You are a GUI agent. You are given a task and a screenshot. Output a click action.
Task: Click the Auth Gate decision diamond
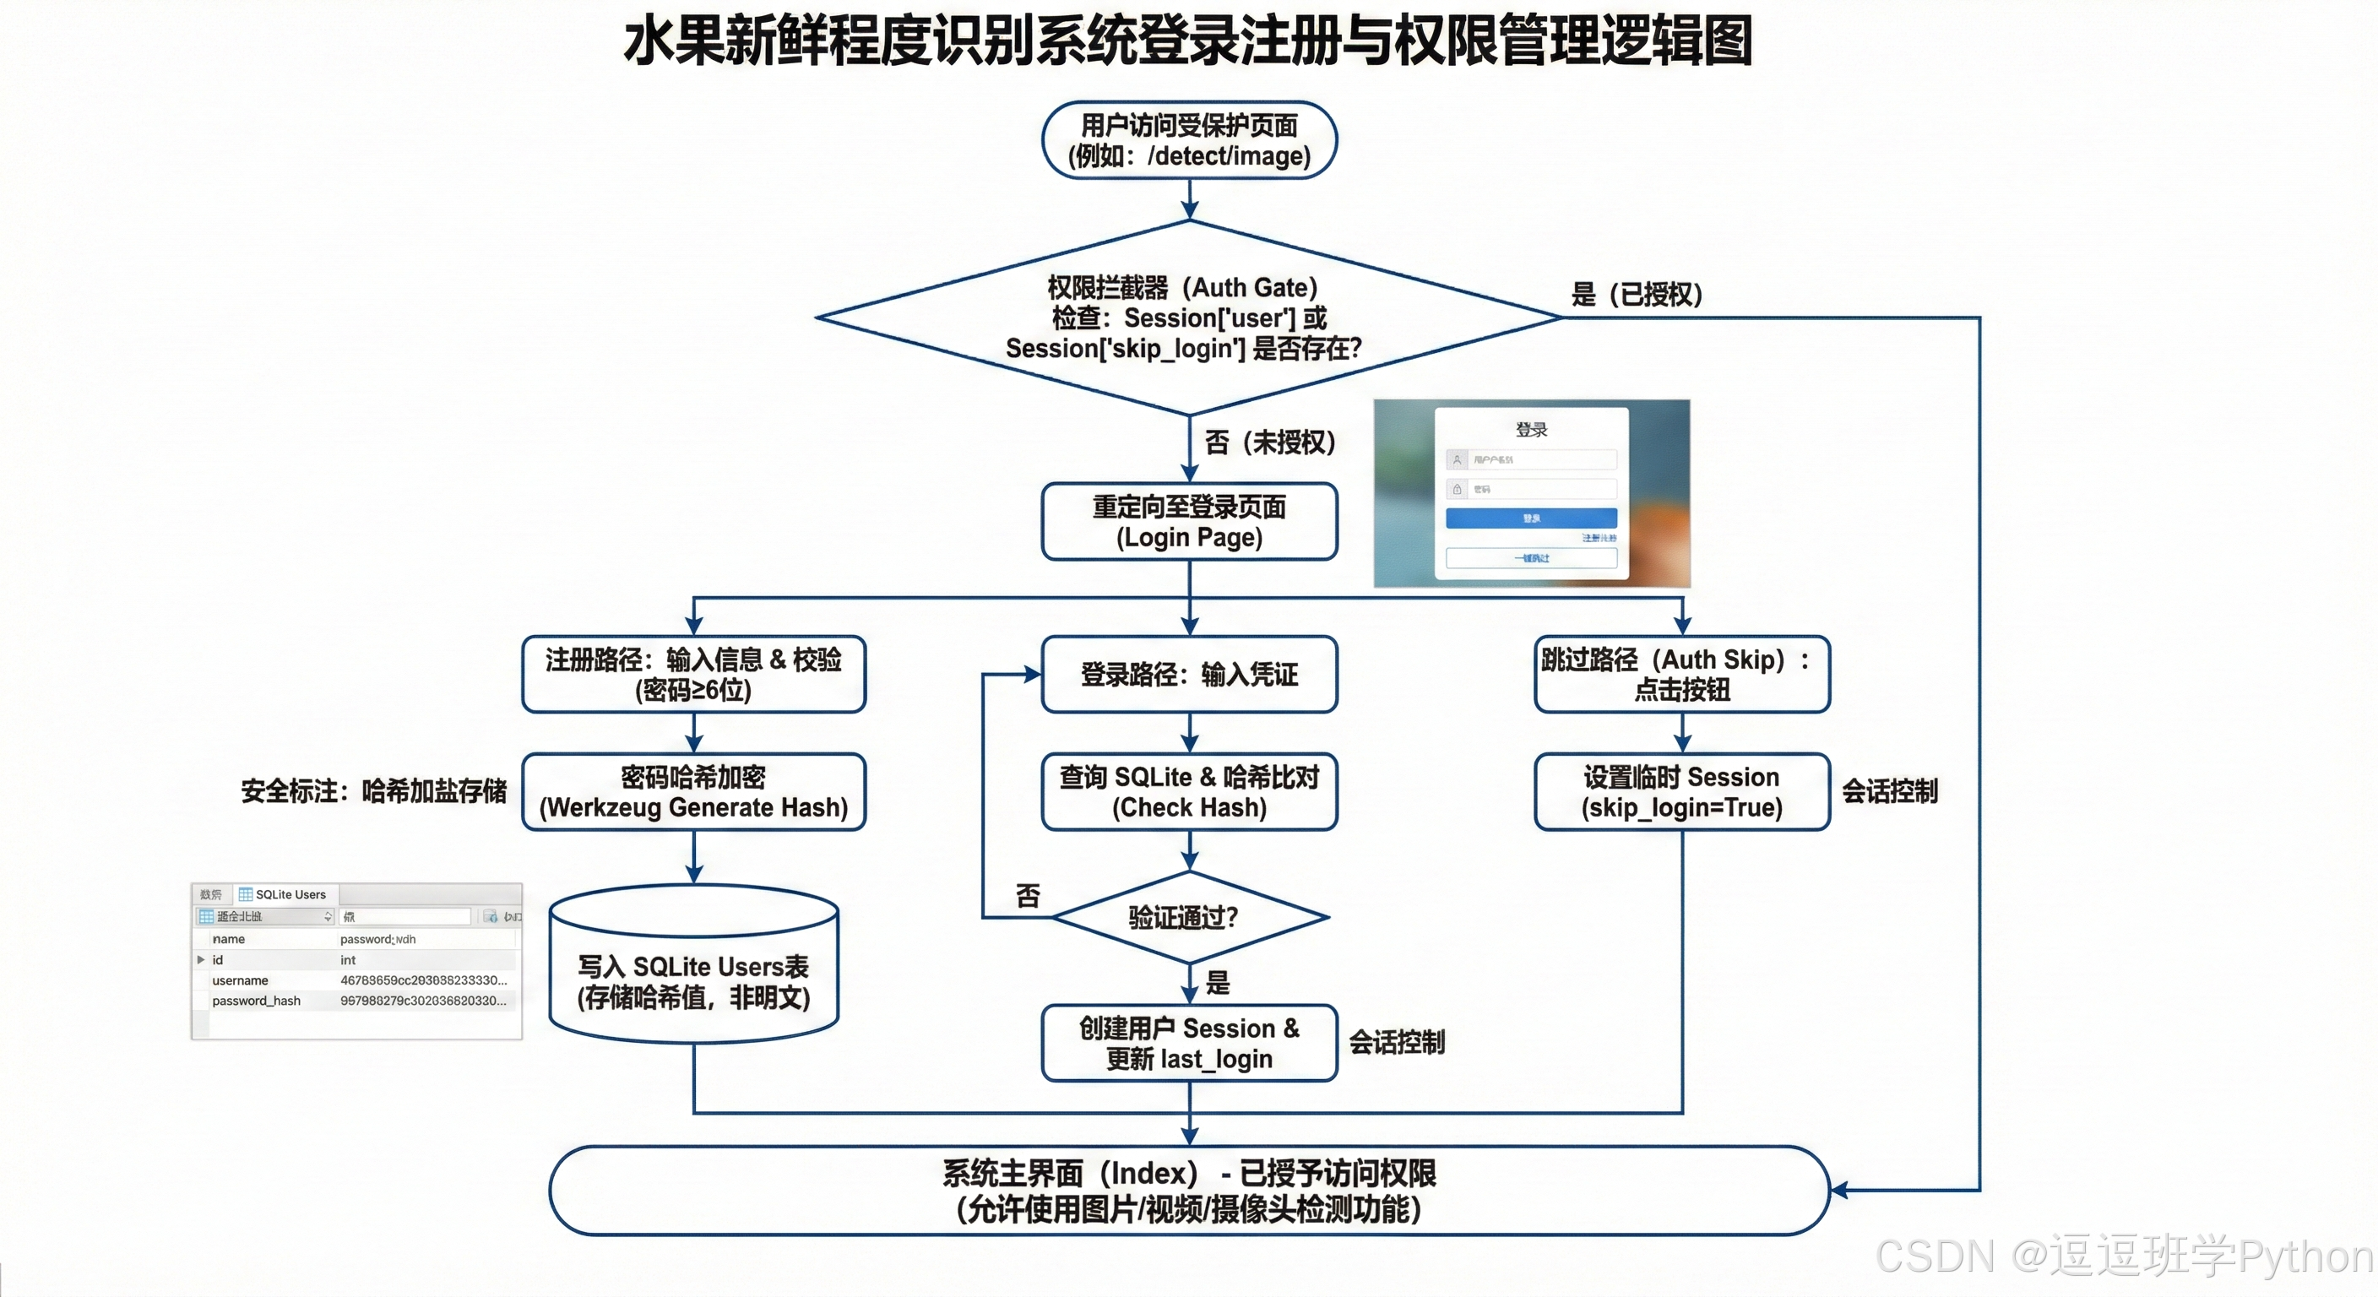[1189, 317]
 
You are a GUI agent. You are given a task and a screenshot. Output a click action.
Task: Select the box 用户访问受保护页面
[1189, 140]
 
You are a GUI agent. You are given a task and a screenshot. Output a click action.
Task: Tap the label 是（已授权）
[1637, 295]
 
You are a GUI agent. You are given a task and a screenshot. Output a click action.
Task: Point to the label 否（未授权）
[1269, 442]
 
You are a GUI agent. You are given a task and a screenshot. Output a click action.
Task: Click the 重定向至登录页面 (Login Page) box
[1189, 522]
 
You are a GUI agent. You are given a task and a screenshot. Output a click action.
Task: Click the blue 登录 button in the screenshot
[1530, 518]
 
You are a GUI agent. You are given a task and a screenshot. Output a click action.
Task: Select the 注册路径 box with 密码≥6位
[693, 674]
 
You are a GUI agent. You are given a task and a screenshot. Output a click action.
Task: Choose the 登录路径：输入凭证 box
[1189, 674]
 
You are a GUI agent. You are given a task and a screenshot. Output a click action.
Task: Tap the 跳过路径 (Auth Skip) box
[1681, 674]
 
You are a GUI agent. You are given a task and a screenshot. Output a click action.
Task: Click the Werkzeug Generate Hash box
[693, 792]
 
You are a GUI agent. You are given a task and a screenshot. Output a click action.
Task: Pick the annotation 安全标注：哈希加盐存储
[374, 791]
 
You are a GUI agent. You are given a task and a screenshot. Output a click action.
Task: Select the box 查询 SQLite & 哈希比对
[1189, 792]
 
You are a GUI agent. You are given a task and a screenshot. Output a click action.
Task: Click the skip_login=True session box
[1681, 792]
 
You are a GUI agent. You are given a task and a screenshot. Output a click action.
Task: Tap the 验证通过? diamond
[1189, 917]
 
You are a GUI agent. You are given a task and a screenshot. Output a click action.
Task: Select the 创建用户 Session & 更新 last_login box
[1189, 1043]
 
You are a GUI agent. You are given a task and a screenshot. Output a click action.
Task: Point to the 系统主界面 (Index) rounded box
[1189, 1191]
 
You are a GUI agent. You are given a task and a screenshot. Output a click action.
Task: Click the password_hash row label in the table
[256, 1001]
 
